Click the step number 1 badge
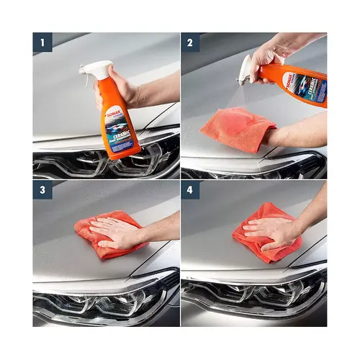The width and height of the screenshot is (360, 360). (x=42, y=42)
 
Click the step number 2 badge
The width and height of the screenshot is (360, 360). (x=191, y=42)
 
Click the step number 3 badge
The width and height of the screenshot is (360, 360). (x=42, y=191)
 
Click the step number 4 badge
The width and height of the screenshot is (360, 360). (x=191, y=191)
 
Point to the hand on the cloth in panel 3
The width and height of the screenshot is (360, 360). (x=119, y=232)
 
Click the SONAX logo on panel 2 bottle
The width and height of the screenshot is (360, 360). (x=287, y=78)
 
